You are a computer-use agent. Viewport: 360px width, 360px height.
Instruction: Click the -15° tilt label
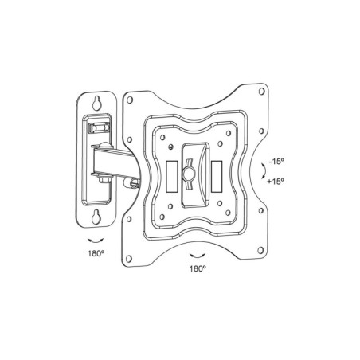click(276, 162)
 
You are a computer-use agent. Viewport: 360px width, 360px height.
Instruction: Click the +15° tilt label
click(276, 182)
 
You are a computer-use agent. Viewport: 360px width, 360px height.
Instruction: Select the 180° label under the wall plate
click(96, 253)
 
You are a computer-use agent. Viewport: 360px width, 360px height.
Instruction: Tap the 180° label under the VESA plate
click(198, 269)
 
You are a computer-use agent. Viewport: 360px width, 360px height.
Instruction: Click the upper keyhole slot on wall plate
click(96, 103)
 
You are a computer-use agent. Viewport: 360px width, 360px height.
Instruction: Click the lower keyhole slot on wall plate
click(96, 216)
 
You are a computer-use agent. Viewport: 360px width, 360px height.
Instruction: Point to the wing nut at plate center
click(189, 174)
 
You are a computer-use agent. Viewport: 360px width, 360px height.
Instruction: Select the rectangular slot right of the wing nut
click(217, 176)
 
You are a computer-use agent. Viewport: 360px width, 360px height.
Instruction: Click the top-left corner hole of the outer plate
click(130, 100)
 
